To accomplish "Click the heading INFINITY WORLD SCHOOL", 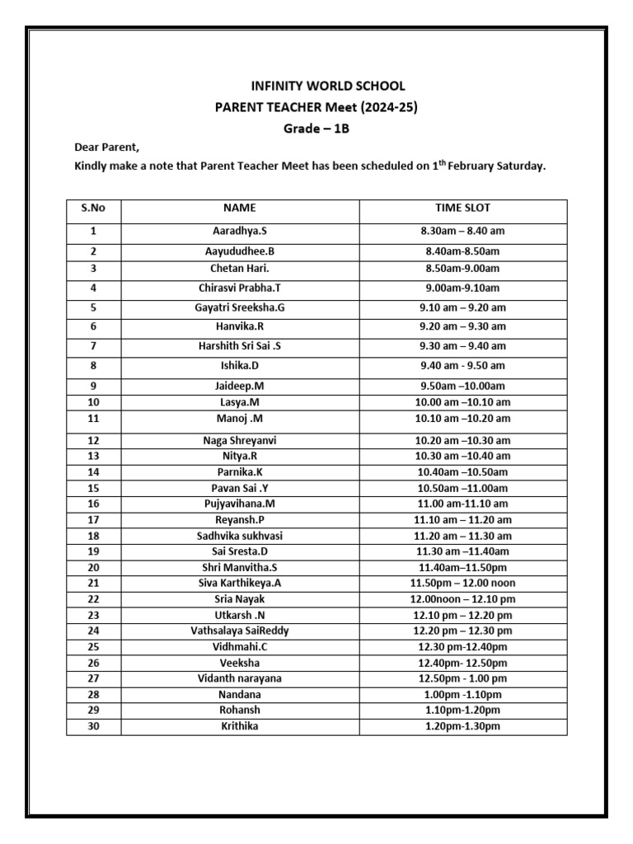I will click(328, 86).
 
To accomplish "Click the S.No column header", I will click(93, 209).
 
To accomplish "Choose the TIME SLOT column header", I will click(462, 209).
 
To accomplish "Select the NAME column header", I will click(239, 209).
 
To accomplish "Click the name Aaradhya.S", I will click(239, 232).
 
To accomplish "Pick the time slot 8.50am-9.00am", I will click(462, 269).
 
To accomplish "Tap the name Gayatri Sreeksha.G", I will click(239, 307).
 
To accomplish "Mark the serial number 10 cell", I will click(93, 402).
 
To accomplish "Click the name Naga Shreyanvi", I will click(239, 441).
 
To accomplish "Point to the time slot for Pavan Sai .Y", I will click(462, 488).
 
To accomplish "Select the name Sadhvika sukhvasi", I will click(239, 536).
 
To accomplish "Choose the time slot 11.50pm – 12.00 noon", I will click(462, 584).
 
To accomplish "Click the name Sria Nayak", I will click(239, 599).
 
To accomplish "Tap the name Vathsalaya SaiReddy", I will click(239, 631).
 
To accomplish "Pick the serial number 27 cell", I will click(93, 678).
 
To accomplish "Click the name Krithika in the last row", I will click(239, 726).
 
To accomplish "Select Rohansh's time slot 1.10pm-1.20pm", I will click(462, 710).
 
